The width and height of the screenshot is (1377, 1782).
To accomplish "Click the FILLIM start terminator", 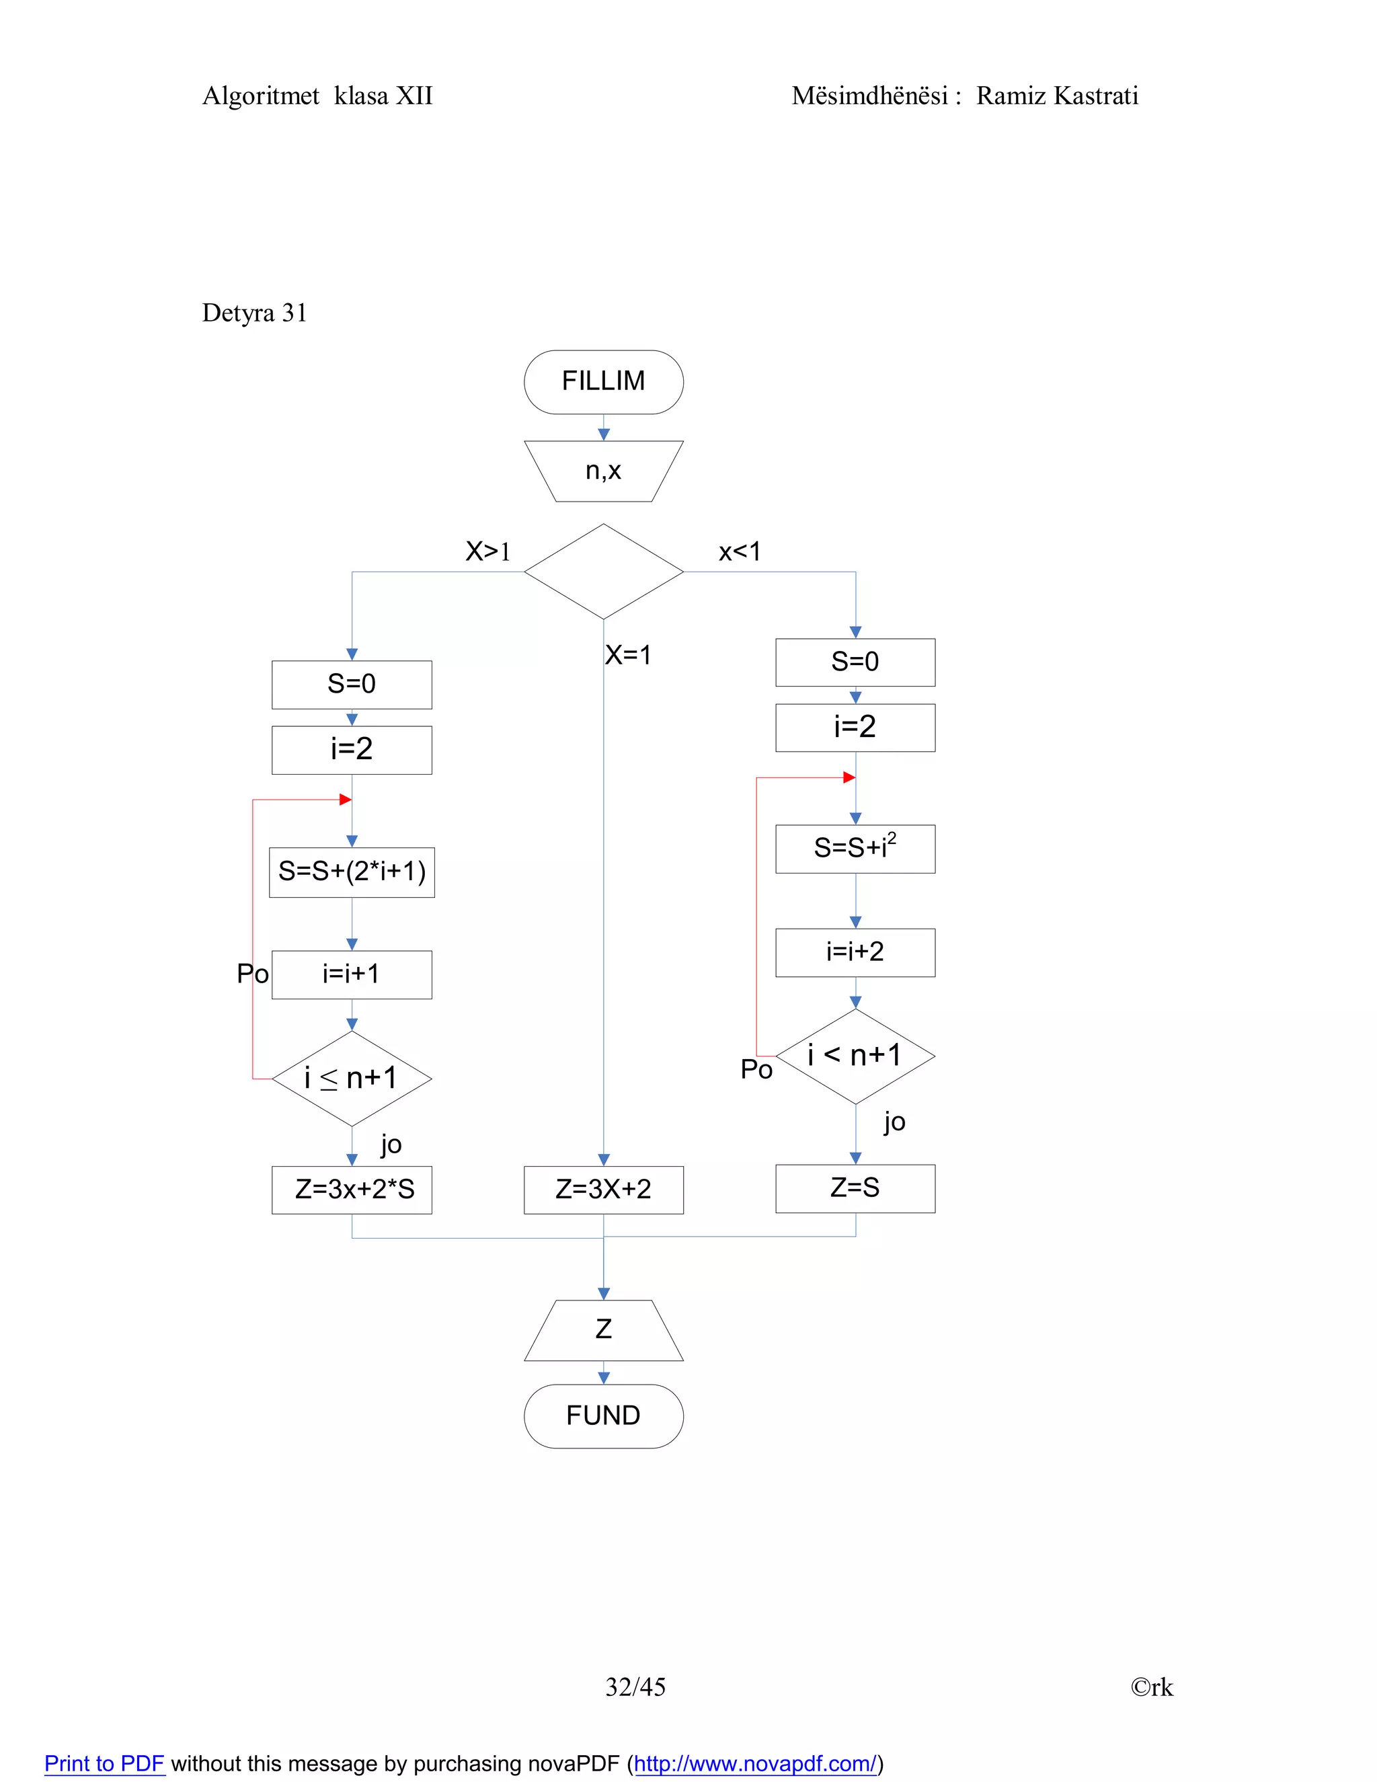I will pos(603,382).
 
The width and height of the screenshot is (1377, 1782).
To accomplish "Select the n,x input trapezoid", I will pos(603,471).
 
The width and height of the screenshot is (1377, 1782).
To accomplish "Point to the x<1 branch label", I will pos(739,552).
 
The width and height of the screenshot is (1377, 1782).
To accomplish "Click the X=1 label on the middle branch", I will pos(628,655).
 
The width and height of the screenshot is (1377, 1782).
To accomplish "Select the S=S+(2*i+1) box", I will pos(352,871).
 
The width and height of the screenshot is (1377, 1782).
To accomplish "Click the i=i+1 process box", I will pos(352,974).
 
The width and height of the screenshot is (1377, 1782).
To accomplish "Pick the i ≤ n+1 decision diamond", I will pos(352,1079).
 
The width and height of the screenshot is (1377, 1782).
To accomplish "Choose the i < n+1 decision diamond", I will pos(855,1056).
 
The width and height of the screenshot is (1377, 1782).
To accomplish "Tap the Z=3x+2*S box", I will pos(352,1190).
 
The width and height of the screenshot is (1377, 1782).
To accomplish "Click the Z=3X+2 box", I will pos(603,1190).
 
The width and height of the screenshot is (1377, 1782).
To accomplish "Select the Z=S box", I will pos(855,1188).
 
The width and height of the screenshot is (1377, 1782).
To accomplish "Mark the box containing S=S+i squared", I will pos(855,849).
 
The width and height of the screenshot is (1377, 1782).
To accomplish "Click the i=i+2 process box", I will pos(855,952).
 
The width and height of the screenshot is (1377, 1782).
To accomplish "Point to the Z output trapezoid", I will pos(603,1330).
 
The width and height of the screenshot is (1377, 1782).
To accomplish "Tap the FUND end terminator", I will pos(603,1416).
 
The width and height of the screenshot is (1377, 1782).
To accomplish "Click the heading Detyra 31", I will pos(255,313).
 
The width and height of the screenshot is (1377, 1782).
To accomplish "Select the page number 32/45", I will pos(635,1687).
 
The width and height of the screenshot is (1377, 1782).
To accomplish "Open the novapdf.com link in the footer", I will pos(754,1764).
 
